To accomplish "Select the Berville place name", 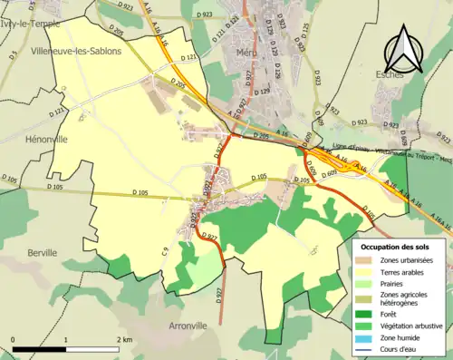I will pos(43,252).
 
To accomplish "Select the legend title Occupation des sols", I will pos(395,246).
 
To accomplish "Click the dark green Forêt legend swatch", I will pos(368,315).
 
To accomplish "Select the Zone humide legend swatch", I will pos(368,340).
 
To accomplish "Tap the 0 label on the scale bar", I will pos(13,339).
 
